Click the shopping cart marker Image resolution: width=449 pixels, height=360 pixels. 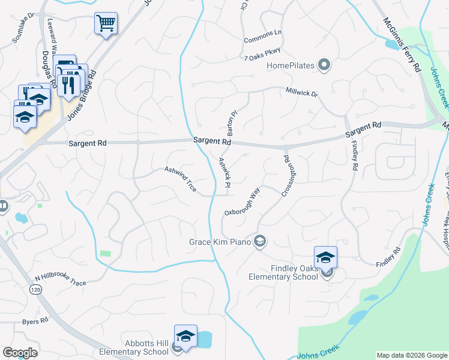coord(106,24)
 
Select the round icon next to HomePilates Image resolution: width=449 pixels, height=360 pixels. coord(324,65)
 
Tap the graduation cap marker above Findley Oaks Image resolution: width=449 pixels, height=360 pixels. coord(325,257)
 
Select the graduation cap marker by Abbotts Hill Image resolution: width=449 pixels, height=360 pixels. coord(185,336)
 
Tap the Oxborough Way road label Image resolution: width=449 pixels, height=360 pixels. coord(242,202)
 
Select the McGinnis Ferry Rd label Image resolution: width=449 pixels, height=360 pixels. coord(401,45)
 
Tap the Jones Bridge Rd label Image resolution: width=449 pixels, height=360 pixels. coord(82,92)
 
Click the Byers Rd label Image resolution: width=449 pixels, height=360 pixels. coord(35,321)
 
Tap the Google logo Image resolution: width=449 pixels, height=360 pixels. coord(20,353)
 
